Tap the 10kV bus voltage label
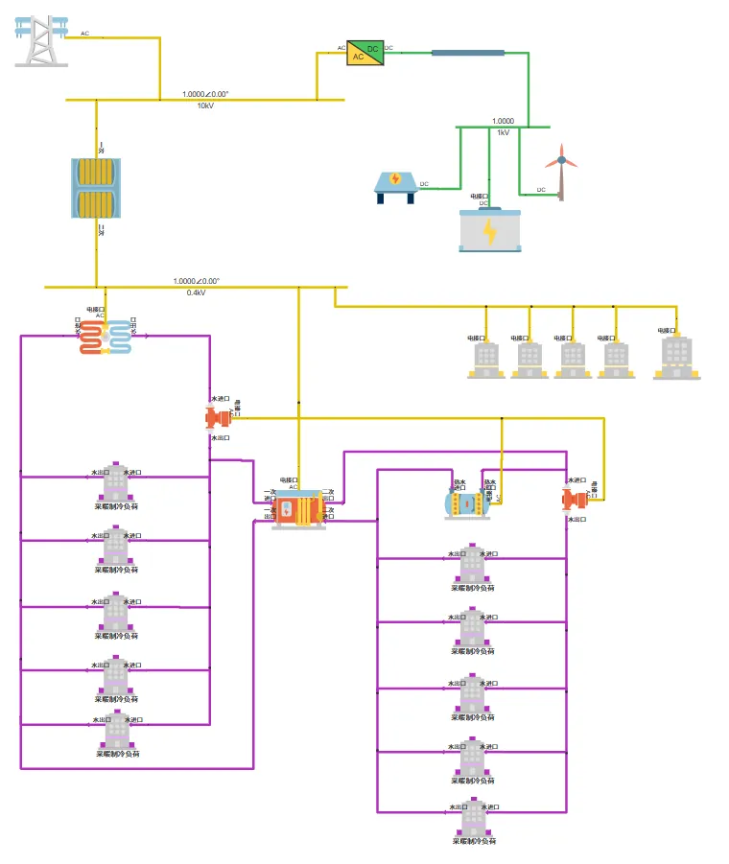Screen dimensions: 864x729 tap(205, 106)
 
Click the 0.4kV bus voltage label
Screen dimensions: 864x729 tap(196, 292)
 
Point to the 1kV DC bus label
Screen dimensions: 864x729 tap(503, 132)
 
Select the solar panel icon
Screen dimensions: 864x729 tap(394, 184)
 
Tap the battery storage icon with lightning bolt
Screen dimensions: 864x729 tap(489, 231)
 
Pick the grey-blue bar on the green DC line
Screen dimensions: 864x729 tap(467, 52)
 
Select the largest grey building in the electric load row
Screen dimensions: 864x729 tap(676, 358)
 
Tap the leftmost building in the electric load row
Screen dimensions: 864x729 tap(485, 360)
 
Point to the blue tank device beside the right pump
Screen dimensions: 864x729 tap(467, 503)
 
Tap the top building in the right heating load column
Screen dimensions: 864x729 tap(472, 565)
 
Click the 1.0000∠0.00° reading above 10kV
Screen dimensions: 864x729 tap(205, 94)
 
